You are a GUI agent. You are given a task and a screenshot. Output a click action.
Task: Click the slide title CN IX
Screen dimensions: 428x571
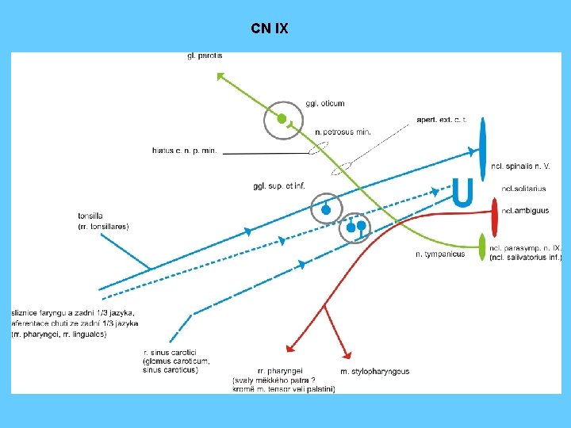(270, 29)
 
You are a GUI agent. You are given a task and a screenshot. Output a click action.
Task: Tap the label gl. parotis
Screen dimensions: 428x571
(205, 55)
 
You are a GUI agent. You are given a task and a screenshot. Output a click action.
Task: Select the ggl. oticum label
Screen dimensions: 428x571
(324, 103)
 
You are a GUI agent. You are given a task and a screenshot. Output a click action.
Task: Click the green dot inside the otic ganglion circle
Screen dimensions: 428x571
(282, 119)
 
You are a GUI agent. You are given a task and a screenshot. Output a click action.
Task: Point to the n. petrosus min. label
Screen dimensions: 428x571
(343, 132)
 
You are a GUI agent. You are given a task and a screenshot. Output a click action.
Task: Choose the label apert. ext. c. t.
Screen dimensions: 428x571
(441, 120)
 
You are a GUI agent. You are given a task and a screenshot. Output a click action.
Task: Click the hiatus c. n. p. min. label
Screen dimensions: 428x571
(184, 151)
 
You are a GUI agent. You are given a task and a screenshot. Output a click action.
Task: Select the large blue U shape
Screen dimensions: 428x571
(462, 193)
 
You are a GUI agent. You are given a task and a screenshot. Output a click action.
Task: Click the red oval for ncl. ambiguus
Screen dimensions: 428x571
(493, 211)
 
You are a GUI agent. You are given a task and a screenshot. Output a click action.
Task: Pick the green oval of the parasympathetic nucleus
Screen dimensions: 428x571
(483, 246)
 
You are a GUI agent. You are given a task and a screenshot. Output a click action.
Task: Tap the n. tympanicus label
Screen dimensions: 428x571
(440, 254)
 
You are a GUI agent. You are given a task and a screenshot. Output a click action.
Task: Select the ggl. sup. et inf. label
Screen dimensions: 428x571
(279, 186)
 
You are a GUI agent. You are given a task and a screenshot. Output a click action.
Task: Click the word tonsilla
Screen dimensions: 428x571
(90, 216)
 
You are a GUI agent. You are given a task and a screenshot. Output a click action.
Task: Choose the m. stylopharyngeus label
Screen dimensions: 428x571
(374, 372)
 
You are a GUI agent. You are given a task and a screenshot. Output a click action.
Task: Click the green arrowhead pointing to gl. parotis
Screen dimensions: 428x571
(221, 76)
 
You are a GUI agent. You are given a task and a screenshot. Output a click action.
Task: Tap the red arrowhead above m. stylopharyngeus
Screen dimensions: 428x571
(347, 356)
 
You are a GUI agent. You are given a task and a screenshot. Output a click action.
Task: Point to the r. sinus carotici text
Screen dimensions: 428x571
(170, 352)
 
